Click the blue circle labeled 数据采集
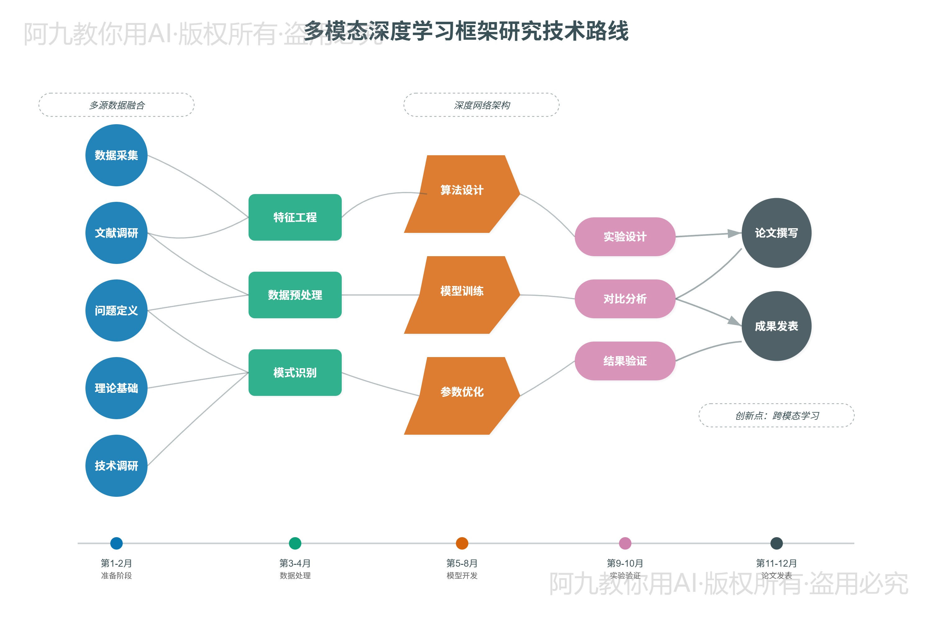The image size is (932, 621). point(116,155)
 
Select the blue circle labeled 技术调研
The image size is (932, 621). point(116,466)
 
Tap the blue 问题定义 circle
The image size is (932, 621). point(116,310)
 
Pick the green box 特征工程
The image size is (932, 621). point(295,217)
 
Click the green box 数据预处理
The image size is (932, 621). point(295,295)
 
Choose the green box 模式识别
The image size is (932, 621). point(295,372)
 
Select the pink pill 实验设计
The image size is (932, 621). point(625,236)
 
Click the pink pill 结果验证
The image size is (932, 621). point(625,361)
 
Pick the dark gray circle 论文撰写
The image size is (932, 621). point(776,233)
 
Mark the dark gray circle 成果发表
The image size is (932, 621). point(776,326)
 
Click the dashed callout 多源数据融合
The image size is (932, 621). point(116,105)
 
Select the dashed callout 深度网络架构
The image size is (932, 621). point(482,105)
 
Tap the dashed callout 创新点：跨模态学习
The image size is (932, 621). point(776,415)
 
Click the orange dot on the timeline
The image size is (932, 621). point(462,543)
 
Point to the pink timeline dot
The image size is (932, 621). point(625,543)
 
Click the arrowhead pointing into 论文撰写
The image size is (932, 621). point(734,234)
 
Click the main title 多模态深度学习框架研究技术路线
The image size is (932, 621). point(466,31)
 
